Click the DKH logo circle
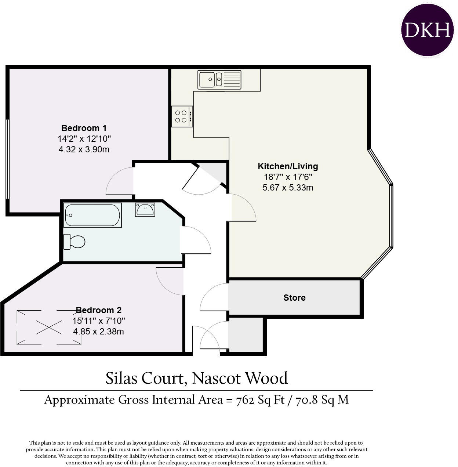click(427, 30)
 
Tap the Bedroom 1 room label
click(84, 128)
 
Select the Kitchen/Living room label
click(288, 166)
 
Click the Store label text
click(294, 298)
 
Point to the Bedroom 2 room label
click(98, 310)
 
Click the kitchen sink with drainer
click(219, 80)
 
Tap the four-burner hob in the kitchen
click(182, 116)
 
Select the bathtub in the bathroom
click(92, 215)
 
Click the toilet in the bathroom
click(74, 242)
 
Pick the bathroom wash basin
click(145, 210)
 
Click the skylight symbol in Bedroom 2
click(49, 327)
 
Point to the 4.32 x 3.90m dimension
click(84, 149)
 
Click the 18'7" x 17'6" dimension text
click(288, 177)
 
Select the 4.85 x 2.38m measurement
click(98, 332)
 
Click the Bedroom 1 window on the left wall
click(7, 159)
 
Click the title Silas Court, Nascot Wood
click(197, 378)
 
